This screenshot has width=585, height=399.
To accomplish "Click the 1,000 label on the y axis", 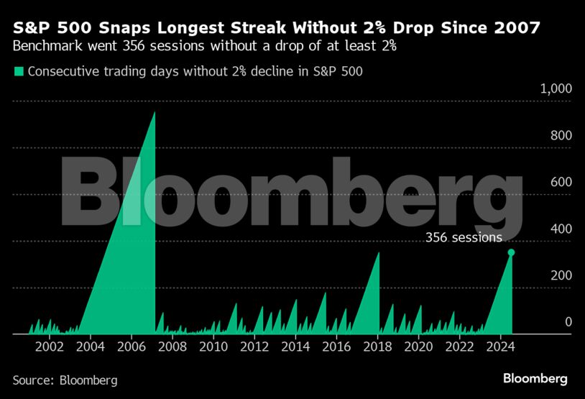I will tap(556, 88).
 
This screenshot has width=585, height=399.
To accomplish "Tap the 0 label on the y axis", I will tap(568, 322).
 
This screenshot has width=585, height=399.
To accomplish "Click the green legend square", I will tap(19, 71).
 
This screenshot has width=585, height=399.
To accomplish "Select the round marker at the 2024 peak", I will tap(511, 252).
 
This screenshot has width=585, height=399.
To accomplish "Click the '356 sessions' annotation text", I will tap(464, 237).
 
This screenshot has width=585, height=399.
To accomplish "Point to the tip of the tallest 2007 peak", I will tap(155, 112).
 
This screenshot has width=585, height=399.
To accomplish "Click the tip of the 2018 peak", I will tap(379, 252).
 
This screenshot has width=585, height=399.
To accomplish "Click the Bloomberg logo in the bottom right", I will tap(535, 378).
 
